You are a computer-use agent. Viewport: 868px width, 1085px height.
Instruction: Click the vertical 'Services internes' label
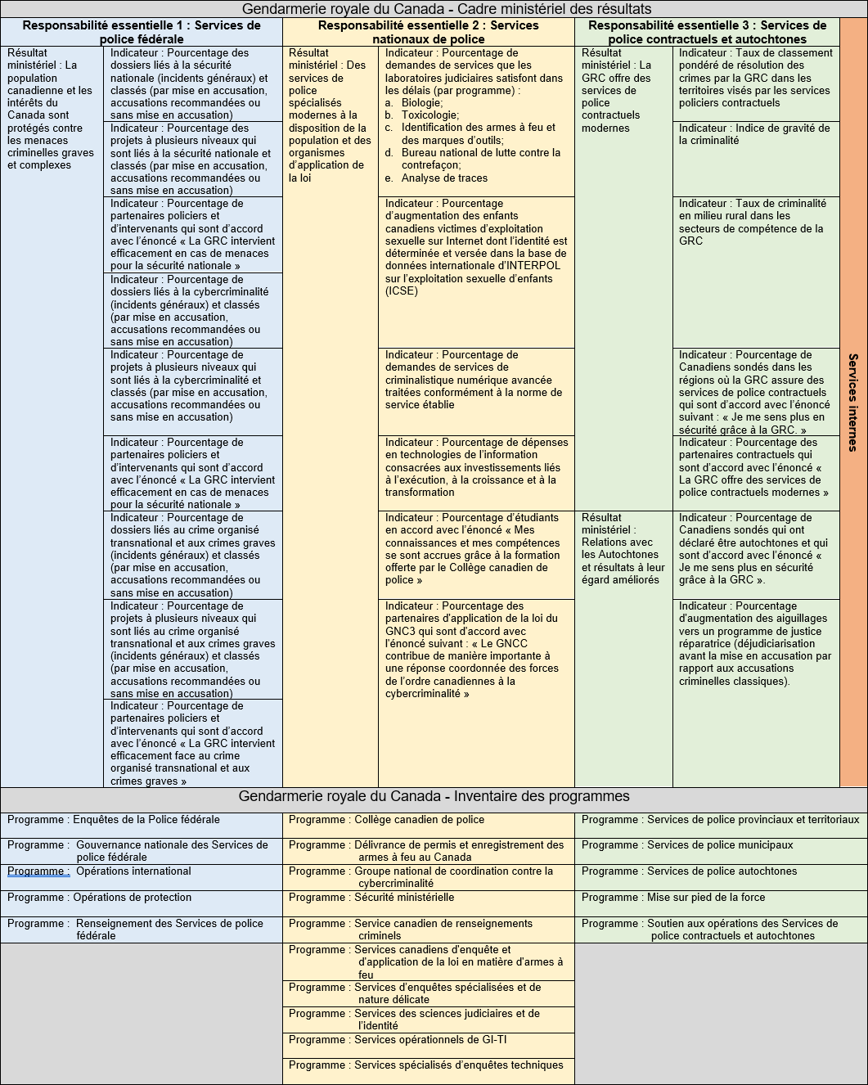[x=853, y=402]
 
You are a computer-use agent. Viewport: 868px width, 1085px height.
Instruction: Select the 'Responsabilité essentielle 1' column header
[x=142, y=32]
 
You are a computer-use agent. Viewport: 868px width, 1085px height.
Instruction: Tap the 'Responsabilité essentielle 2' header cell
[x=429, y=32]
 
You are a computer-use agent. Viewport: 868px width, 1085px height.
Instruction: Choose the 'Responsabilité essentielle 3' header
[x=707, y=32]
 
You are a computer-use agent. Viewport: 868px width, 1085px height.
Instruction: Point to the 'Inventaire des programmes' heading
[x=434, y=796]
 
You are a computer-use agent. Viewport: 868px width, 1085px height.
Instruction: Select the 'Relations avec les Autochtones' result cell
[x=623, y=548]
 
